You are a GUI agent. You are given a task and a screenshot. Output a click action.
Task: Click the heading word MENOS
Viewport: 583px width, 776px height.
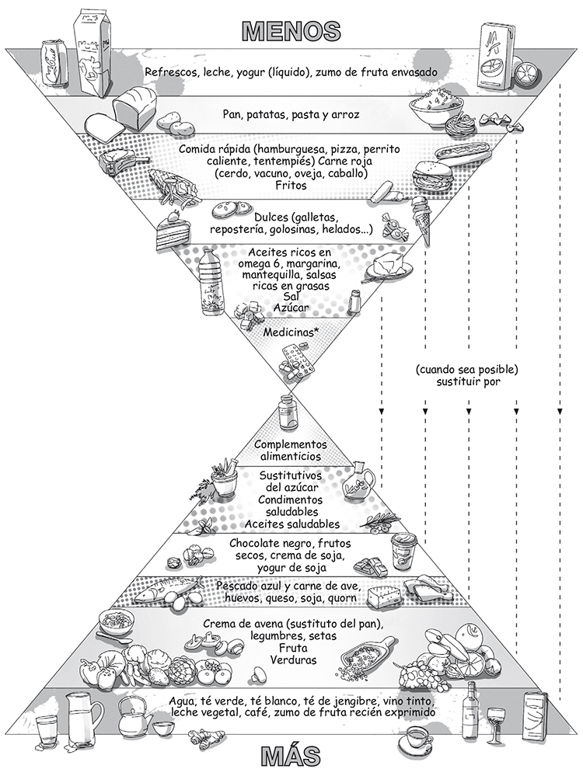[291, 30]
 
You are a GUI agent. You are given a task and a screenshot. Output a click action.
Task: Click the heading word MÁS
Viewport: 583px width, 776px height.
[291, 756]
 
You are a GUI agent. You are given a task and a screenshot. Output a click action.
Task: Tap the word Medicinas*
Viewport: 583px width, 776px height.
[288, 332]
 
